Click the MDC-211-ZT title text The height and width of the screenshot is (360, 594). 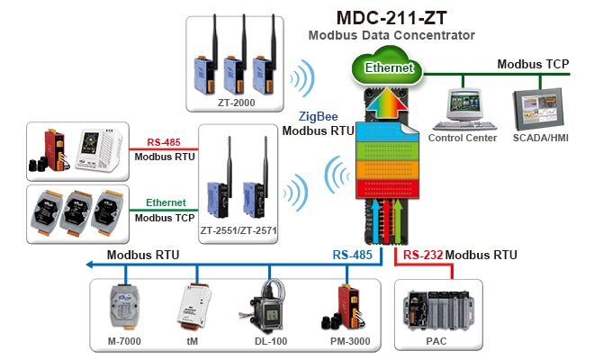pyautogui.click(x=391, y=17)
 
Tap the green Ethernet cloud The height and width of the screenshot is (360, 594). pyautogui.click(x=389, y=67)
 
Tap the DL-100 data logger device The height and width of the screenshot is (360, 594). pyautogui.click(x=267, y=310)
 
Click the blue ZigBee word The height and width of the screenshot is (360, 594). pyautogui.click(x=319, y=117)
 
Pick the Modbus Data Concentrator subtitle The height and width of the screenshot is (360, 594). pyautogui.click(x=391, y=35)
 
